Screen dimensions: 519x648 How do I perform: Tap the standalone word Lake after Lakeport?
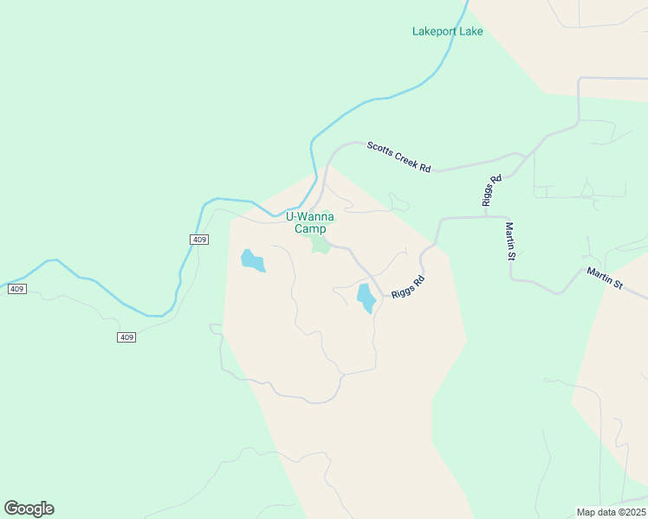coord(471,32)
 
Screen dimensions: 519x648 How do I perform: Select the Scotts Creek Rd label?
coord(399,157)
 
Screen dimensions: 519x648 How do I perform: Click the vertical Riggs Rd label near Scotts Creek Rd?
coord(492,190)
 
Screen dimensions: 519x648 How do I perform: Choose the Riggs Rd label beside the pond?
coord(408,286)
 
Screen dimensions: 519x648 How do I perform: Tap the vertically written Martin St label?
coord(511,241)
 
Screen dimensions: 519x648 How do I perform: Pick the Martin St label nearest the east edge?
coord(605,278)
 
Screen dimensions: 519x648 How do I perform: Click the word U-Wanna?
coord(309,217)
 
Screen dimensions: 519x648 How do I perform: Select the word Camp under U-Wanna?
coord(310,229)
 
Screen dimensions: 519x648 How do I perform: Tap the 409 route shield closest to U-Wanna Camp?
coord(198,239)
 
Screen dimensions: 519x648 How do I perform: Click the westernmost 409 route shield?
coord(18,288)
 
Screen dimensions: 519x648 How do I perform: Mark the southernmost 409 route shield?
coord(126,336)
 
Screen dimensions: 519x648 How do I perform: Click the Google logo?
coord(29,509)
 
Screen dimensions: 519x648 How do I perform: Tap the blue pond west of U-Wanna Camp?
coord(252,260)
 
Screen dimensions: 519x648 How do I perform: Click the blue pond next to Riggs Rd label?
coord(366,298)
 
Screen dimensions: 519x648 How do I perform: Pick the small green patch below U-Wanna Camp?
coord(321,246)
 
